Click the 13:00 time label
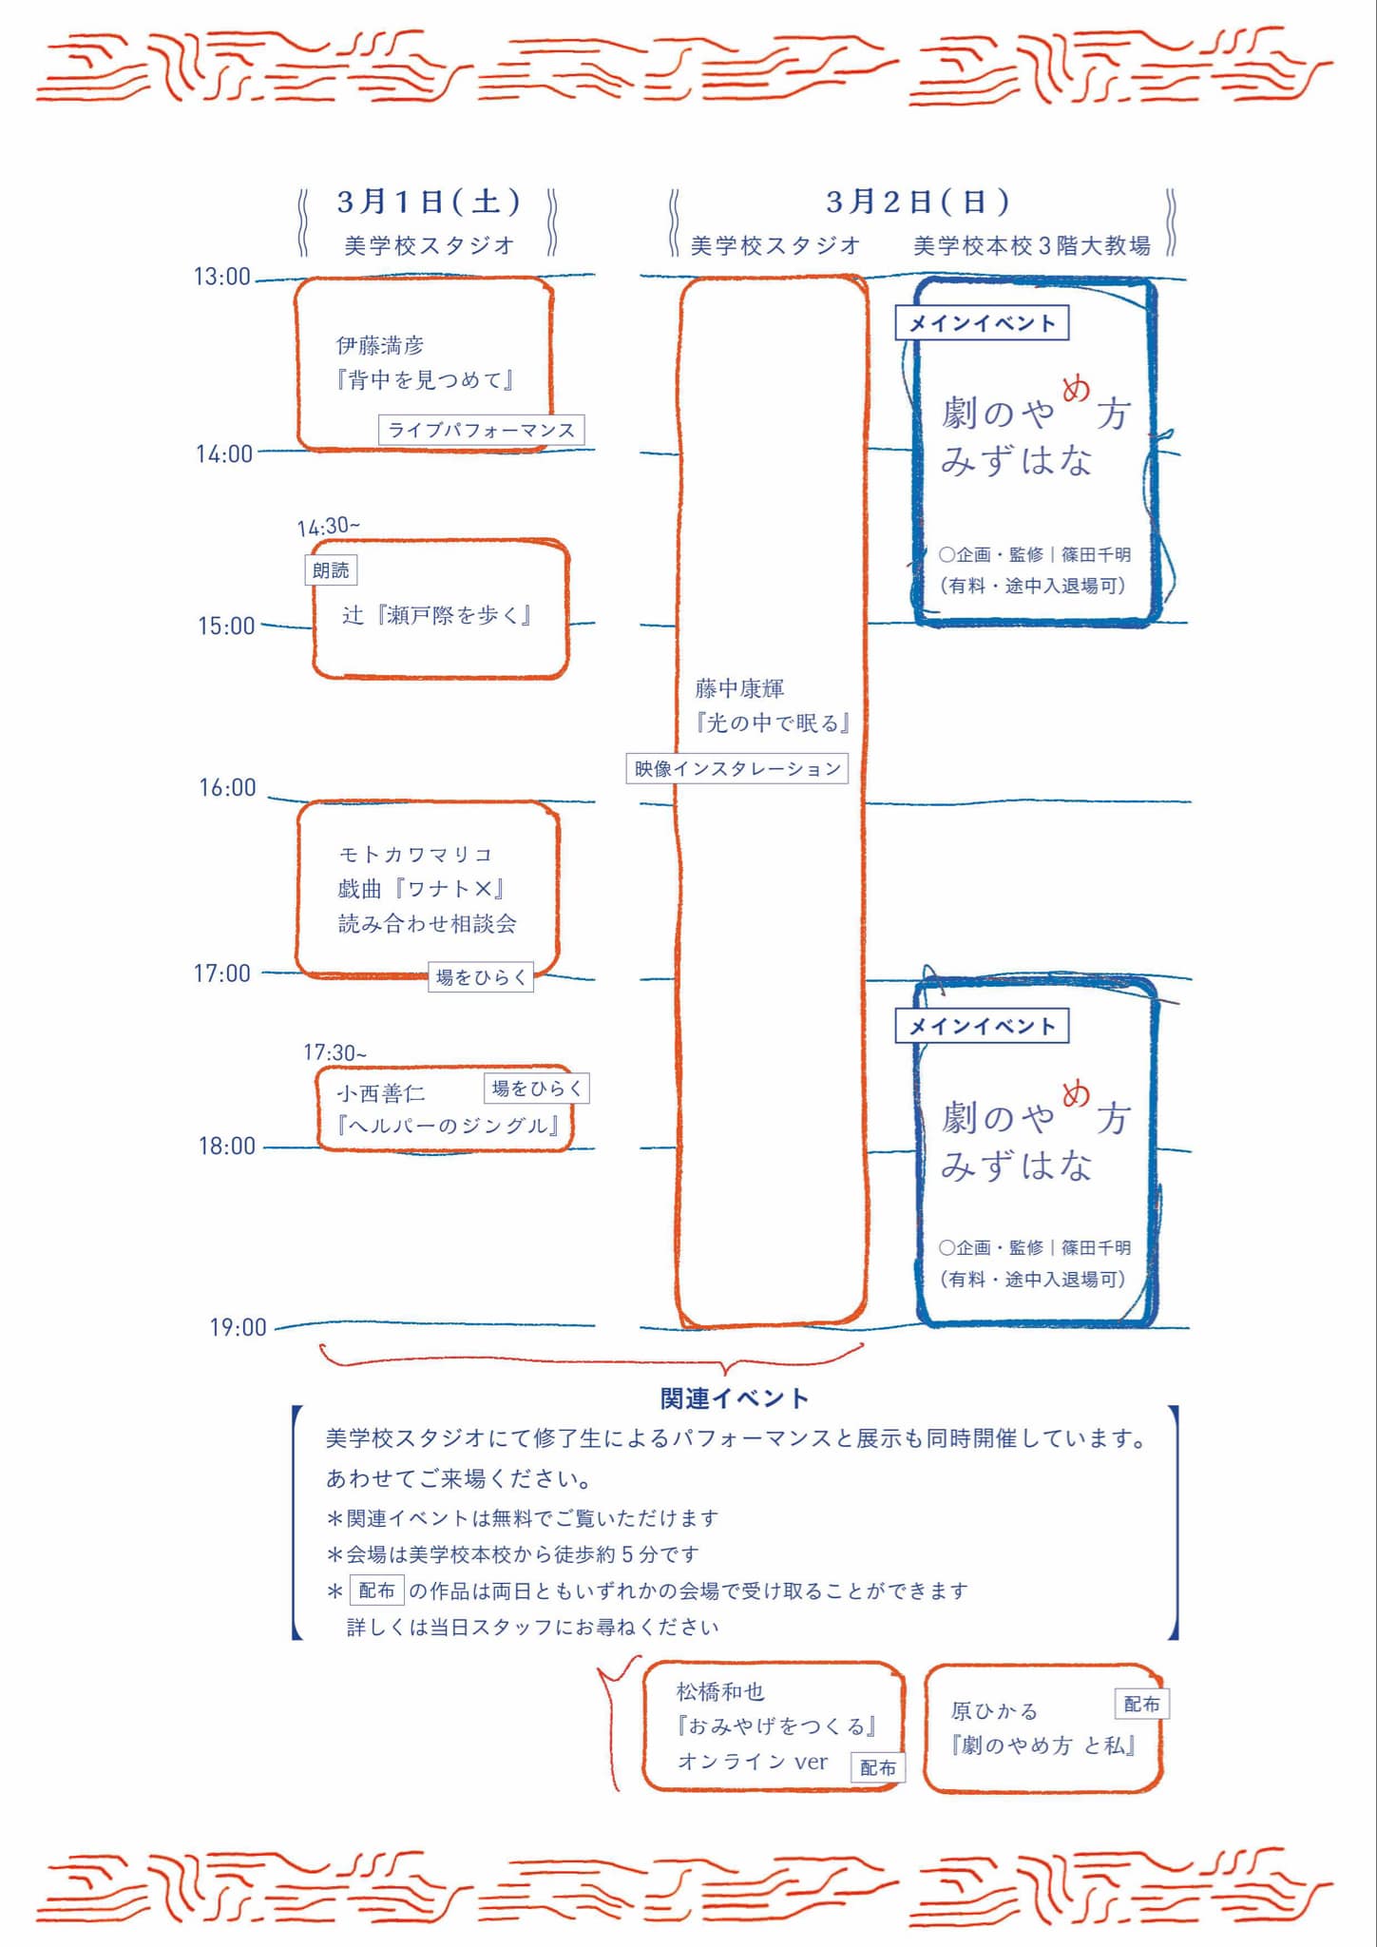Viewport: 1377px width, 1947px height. [221, 277]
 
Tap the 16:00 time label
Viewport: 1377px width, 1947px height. [227, 787]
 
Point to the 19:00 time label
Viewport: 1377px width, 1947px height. [238, 1327]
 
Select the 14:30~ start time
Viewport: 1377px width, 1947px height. [328, 526]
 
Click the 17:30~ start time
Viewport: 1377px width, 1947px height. [335, 1052]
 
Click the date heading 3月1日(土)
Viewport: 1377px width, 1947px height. [429, 202]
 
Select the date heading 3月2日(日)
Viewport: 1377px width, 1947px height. [917, 202]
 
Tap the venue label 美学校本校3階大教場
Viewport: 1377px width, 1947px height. [1032, 246]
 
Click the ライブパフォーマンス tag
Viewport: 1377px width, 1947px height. [481, 430]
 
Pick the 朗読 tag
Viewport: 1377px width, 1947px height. [331, 570]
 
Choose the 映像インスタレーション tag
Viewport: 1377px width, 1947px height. [737, 768]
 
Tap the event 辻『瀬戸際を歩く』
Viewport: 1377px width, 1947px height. [436, 615]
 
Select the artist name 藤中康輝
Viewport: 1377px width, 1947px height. [739, 687]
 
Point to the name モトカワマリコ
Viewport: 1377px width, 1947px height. [415, 854]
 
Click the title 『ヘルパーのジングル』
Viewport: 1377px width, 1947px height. [447, 1126]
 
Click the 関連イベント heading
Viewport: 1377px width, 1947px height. [734, 1398]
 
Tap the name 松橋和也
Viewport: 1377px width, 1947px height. [720, 1691]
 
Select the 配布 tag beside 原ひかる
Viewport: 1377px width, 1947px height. [1141, 1704]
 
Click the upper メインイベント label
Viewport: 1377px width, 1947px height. [982, 323]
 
